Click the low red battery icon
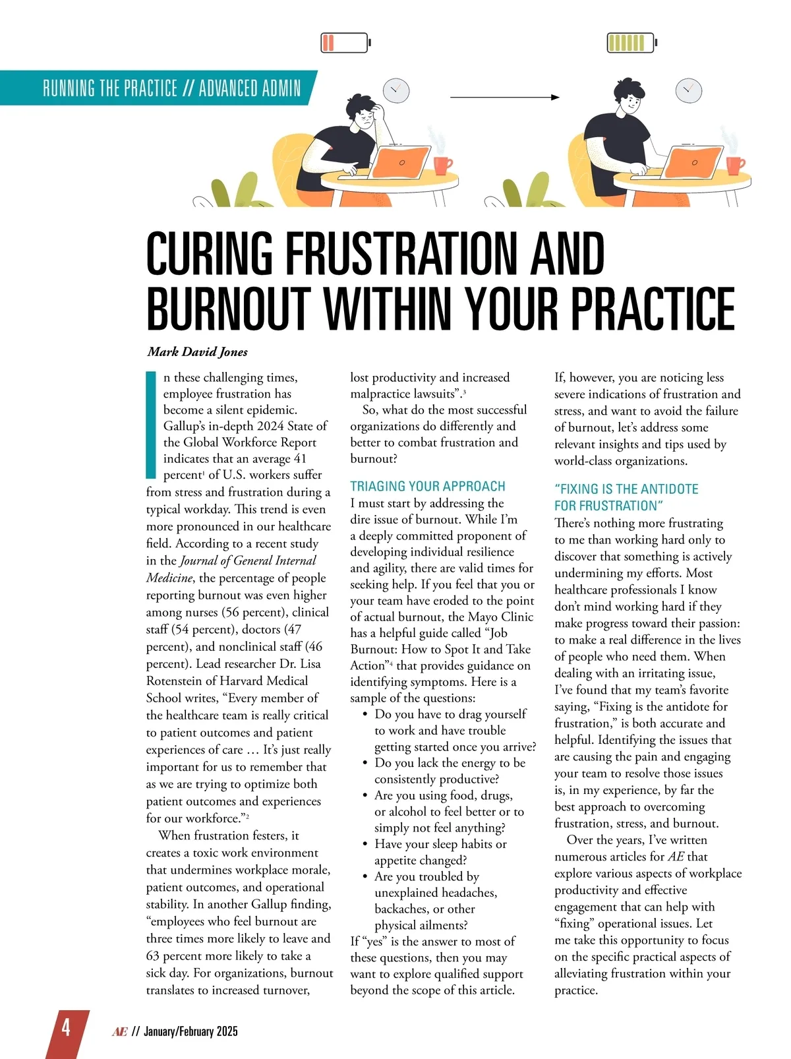345,43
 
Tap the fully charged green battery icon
631,43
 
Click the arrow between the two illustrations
505,97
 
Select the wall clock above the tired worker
396,90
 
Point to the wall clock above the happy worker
689,89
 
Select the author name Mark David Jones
198,351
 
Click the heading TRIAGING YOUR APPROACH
428,487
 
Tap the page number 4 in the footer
66,1029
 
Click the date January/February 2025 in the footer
190,1031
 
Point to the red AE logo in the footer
120,1031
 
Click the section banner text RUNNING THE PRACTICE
110,88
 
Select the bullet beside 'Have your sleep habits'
365,845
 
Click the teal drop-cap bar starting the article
150,425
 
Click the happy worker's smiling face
631,102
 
